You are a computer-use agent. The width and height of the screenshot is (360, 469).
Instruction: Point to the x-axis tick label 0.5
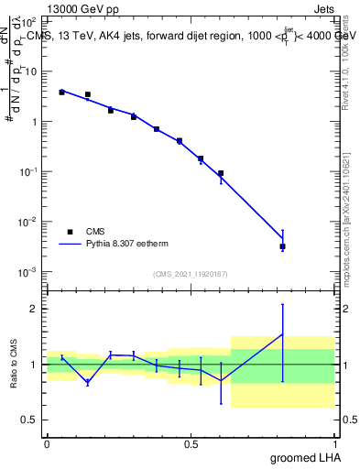(191, 443)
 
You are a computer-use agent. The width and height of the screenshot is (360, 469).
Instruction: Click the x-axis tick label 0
(47, 443)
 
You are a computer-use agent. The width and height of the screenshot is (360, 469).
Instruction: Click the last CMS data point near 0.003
(283, 246)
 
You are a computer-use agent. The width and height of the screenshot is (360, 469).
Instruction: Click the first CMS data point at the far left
(61, 93)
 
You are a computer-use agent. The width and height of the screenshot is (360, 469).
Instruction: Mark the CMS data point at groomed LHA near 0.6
(221, 173)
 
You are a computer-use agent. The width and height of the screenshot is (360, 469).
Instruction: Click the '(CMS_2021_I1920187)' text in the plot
(191, 274)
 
